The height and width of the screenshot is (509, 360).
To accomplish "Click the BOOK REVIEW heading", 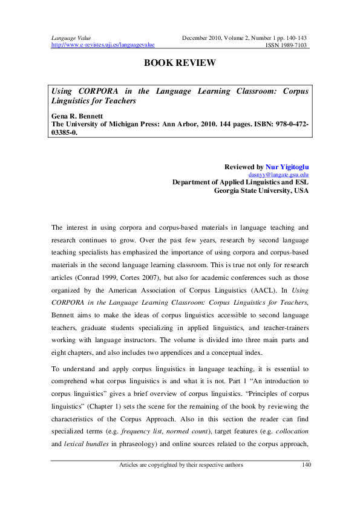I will pos(180,63).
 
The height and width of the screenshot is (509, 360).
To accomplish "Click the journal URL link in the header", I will pos(103,45).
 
